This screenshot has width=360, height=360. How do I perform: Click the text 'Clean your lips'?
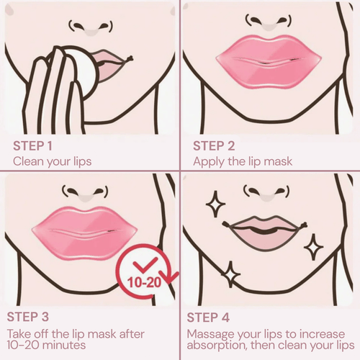(x=52, y=161)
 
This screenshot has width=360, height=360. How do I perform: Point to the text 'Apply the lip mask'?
(x=242, y=161)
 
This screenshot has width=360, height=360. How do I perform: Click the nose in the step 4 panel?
(x=264, y=192)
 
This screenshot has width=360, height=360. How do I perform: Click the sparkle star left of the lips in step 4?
(x=215, y=205)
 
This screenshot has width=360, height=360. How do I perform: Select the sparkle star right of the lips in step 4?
(x=314, y=247)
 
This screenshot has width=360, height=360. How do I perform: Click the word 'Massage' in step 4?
(x=212, y=334)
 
